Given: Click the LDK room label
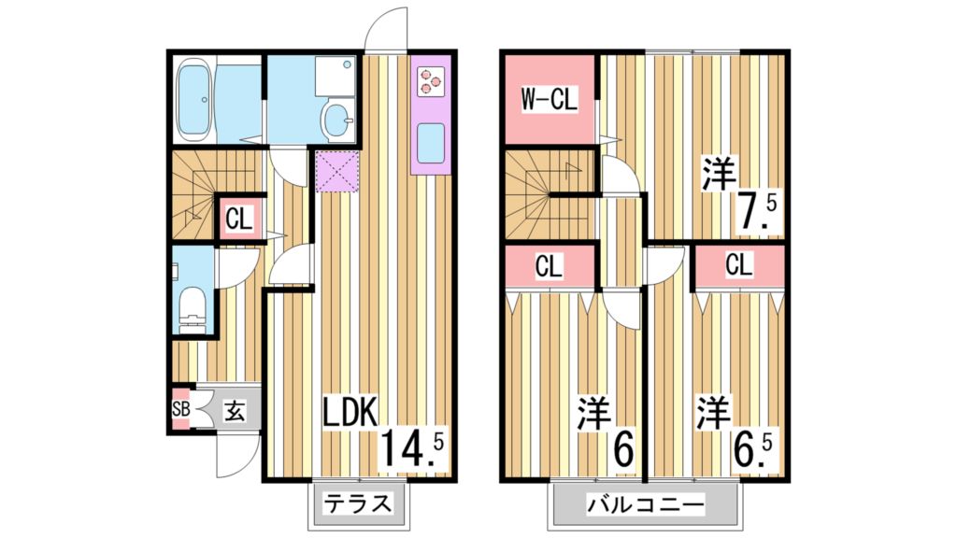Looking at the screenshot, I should click(350, 413).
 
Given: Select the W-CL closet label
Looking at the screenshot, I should click(549, 98).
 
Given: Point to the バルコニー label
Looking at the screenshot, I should click(645, 507).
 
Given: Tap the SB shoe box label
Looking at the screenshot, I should click(180, 409).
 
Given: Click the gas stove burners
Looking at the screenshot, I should click(429, 80).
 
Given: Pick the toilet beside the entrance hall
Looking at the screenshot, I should click(193, 306).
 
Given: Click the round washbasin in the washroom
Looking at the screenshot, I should click(335, 119).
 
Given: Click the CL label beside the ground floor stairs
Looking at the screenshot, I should click(238, 221).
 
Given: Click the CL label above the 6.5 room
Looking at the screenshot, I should click(737, 265).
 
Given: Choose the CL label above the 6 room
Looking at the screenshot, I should click(549, 267).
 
